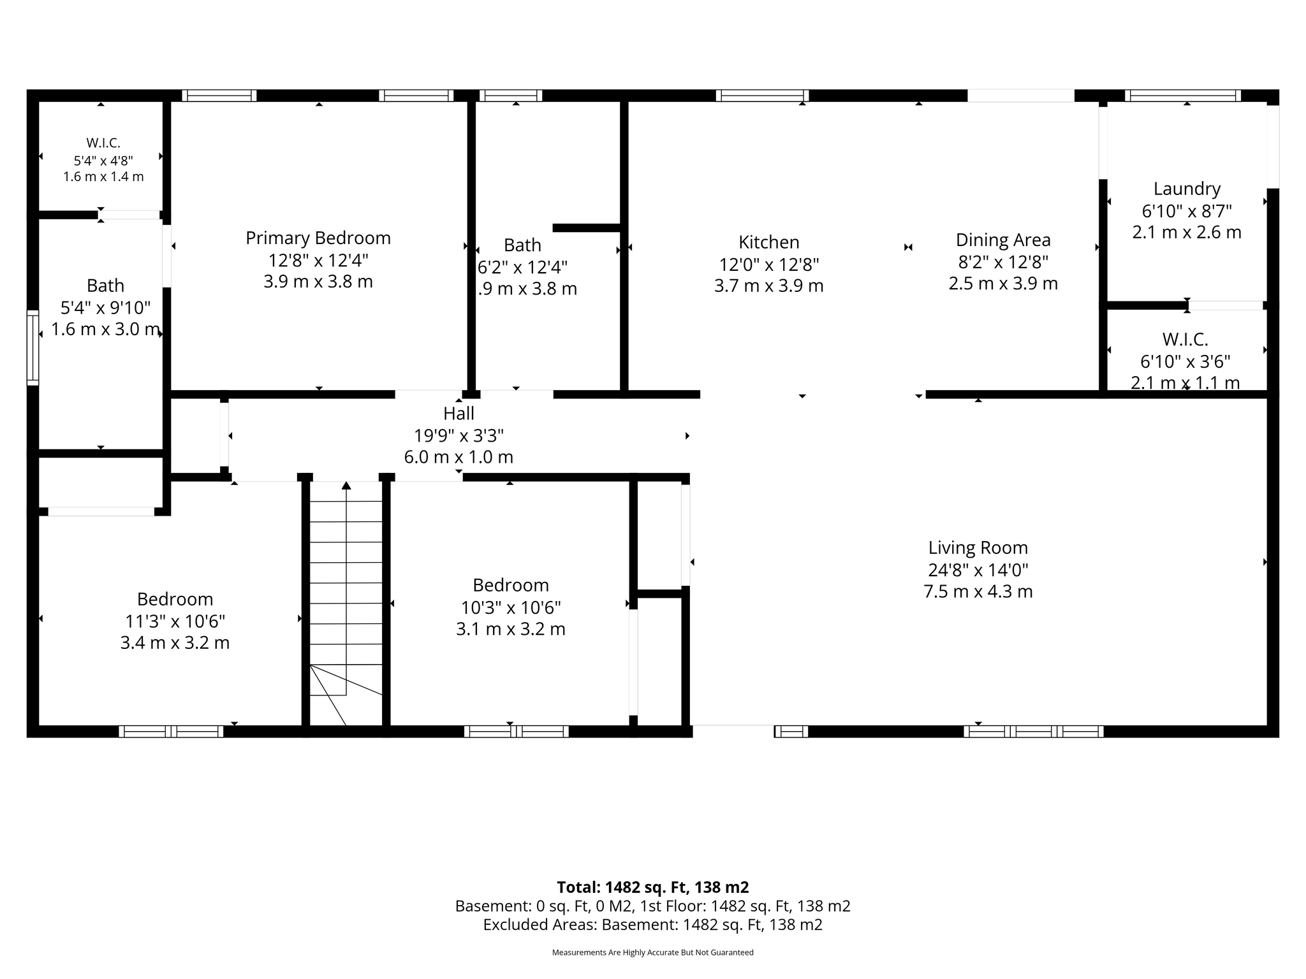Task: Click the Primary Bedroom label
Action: pos(318,238)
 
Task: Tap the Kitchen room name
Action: pos(769,242)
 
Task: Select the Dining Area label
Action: pos(1003,240)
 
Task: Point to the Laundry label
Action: pos(1187,189)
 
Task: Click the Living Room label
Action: pos(978,548)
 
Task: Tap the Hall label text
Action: pos(459,414)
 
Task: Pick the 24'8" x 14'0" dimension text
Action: pos(978,570)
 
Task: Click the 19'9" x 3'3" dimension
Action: pos(459,435)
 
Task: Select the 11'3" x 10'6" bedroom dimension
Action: pos(175,621)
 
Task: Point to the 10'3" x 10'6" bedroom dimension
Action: pos(511,607)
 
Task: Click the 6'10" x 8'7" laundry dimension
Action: pos(1187,211)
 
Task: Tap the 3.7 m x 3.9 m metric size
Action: pos(769,286)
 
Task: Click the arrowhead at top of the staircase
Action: pos(346,486)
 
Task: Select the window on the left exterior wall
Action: pos(33,347)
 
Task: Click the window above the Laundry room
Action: pos(1183,96)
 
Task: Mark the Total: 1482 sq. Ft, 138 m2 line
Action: pos(653,887)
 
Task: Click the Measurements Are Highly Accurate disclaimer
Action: pos(653,952)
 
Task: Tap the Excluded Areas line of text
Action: pos(653,925)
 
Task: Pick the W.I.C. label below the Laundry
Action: pos(1185,340)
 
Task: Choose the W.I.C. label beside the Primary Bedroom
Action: pos(103,143)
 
